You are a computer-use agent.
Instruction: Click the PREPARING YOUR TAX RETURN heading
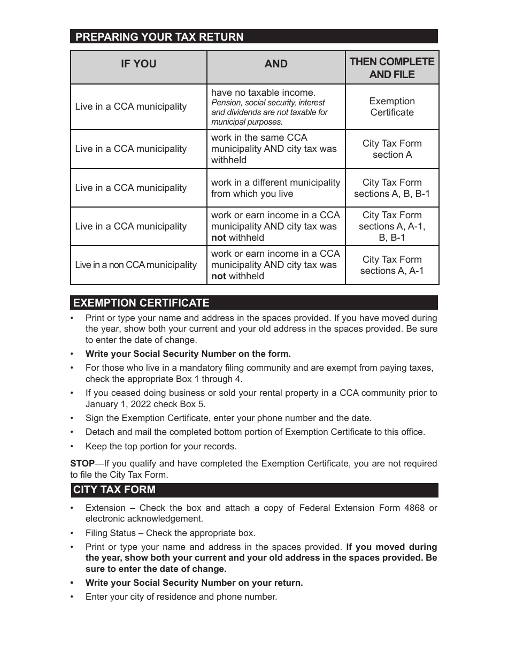(x=159, y=37)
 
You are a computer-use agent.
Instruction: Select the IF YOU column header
(x=138, y=64)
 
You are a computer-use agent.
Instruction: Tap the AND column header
(x=276, y=64)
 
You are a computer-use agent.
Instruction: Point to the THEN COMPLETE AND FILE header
(x=392, y=68)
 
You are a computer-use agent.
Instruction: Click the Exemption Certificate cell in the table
(x=392, y=107)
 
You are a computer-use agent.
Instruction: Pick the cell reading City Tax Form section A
(x=392, y=149)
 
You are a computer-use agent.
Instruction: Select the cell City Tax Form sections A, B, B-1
(x=392, y=188)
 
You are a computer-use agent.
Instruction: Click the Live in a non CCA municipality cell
(x=136, y=265)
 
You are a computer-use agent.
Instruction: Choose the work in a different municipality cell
(x=275, y=188)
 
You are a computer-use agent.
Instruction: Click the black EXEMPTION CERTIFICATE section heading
(x=141, y=303)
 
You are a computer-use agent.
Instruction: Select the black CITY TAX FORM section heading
(x=114, y=490)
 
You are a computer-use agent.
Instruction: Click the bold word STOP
(x=82, y=464)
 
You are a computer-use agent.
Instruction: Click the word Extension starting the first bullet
(x=105, y=508)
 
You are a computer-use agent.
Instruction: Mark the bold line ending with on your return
(x=194, y=583)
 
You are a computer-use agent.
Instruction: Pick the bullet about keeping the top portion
(x=161, y=447)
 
